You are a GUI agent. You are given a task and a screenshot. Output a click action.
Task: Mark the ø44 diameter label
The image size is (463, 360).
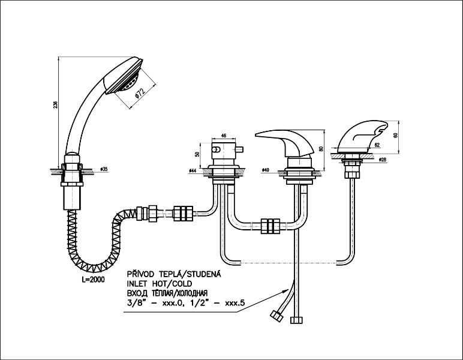coord(193,171)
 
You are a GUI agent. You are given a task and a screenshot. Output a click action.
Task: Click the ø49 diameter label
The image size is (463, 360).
coord(265,171)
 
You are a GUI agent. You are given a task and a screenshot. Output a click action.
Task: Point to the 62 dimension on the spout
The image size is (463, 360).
coord(376,145)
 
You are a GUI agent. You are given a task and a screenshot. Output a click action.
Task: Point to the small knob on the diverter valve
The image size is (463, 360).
coord(240,149)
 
